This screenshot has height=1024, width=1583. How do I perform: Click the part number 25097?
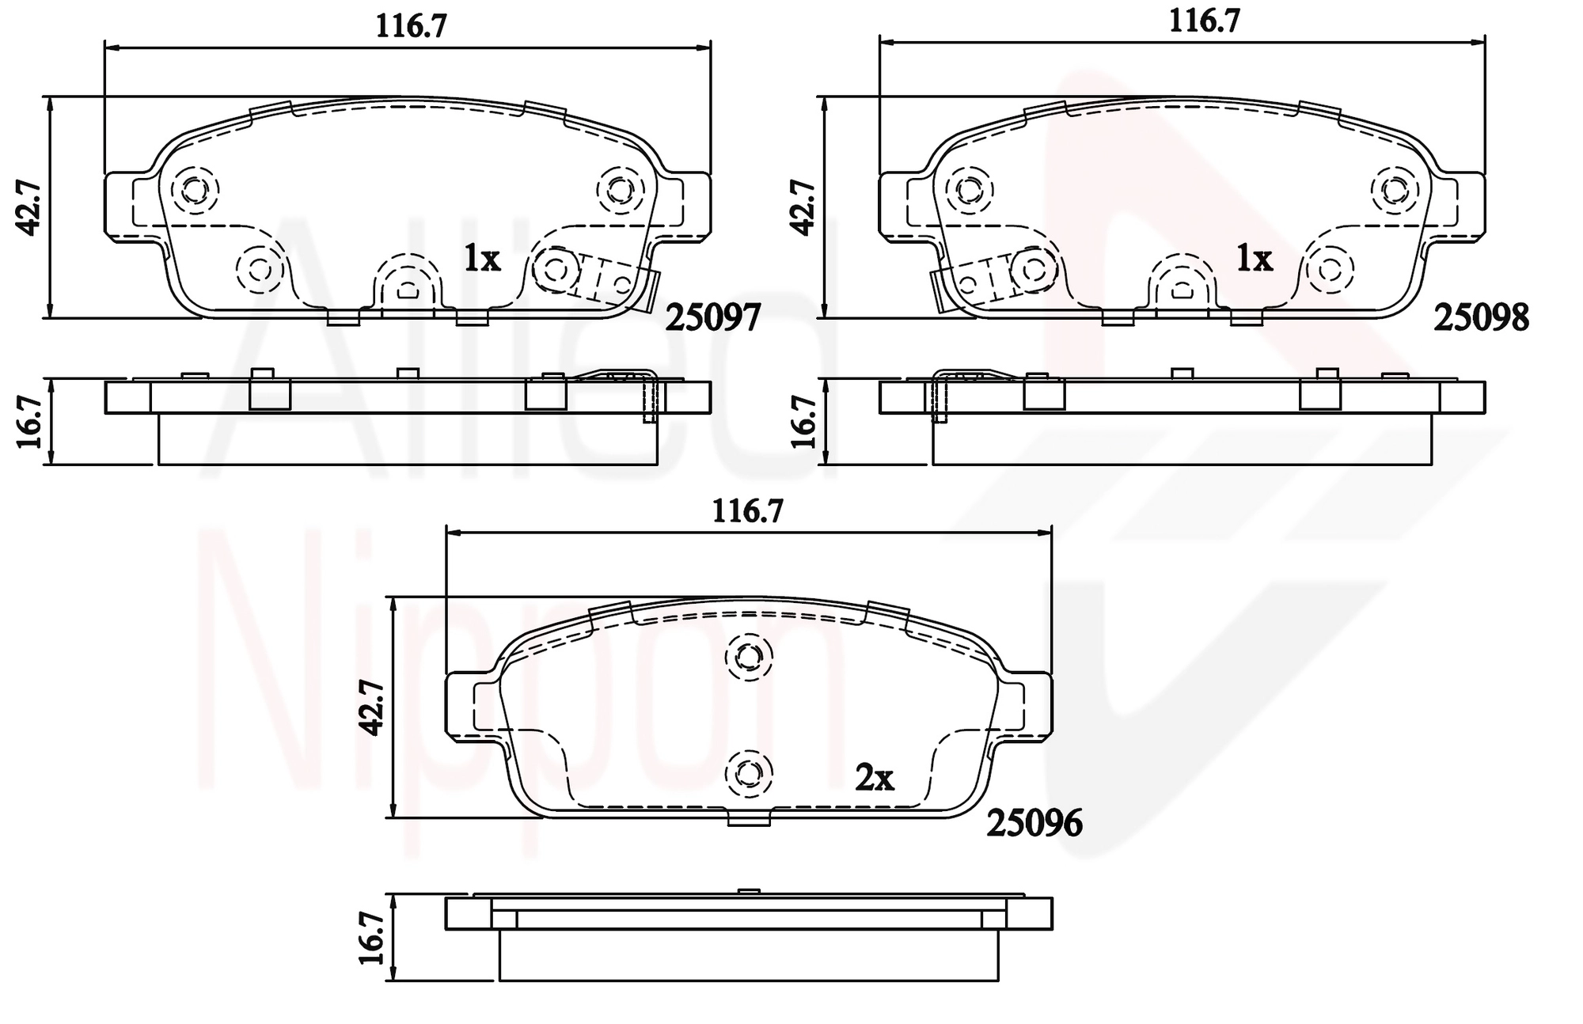[712, 318]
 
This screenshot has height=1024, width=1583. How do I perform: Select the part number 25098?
[1482, 318]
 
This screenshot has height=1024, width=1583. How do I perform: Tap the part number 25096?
[1034, 824]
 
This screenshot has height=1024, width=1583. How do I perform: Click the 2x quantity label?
[875, 779]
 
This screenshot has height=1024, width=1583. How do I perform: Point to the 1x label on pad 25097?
[482, 258]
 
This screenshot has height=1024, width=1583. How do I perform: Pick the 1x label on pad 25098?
[1255, 258]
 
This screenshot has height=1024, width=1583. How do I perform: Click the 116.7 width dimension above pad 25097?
[411, 26]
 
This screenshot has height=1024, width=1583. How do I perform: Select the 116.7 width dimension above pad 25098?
[1205, 21]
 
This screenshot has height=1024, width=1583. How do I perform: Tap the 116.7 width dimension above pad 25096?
[748, 511]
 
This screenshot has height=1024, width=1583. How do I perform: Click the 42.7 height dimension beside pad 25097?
[29, 207]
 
